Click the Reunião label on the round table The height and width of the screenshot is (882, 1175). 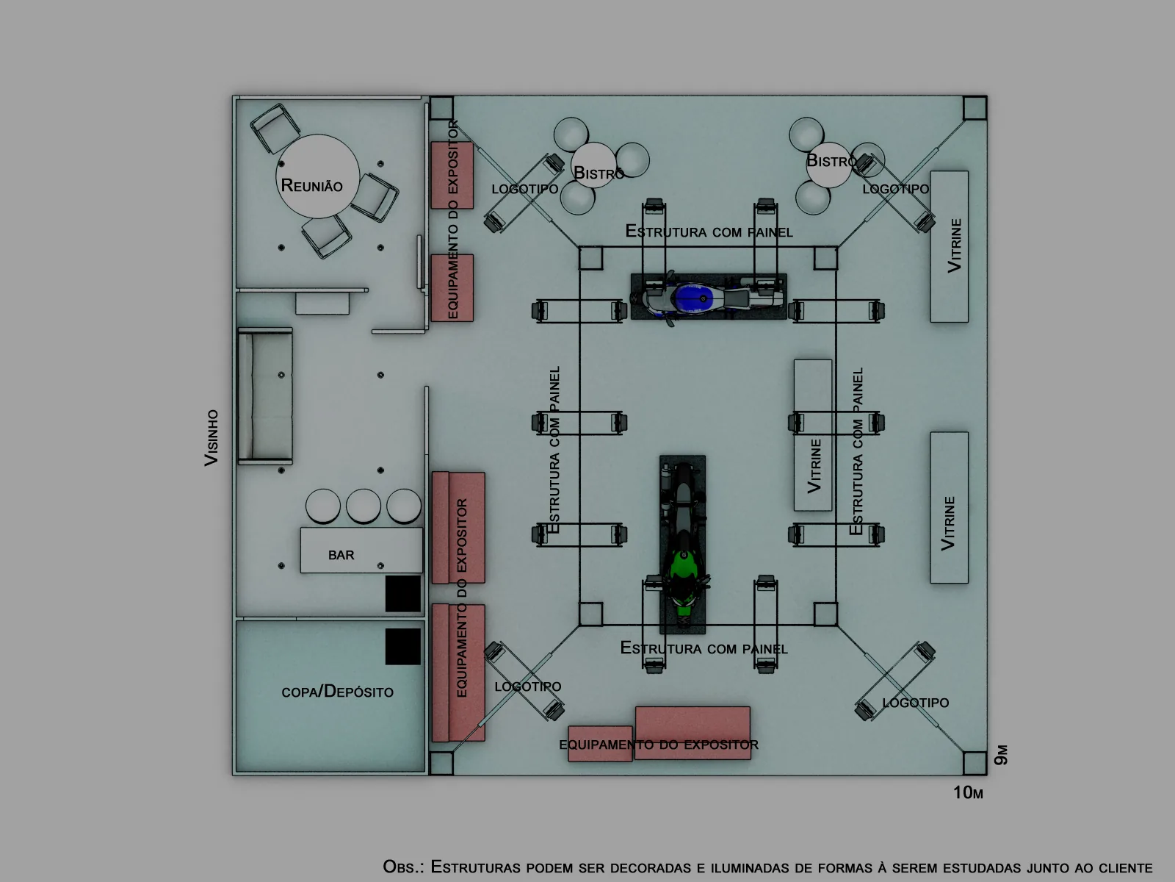pyautogui.click(x=311, y=185)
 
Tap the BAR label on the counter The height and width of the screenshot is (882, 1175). pyautogui.click(x=341, y=555)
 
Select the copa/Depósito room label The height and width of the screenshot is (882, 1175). pyautogui.click(x=337, y=692)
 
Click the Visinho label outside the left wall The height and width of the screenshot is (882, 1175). pyautogui.click(x=211, y=437)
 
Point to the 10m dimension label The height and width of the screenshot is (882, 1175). pyautogui.click(x=968, y=792)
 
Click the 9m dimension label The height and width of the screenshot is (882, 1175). pyautogui.click(x=1001, y=755)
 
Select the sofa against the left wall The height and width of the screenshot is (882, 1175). pyautogui.click(x=265, y=395)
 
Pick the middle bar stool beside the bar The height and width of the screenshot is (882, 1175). pyautogui.click(x=364, y=506)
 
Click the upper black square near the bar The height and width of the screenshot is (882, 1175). pyautogui.click(x=403, y=593)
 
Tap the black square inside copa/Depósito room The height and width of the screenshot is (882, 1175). pyautogui.click(x=403, y=646)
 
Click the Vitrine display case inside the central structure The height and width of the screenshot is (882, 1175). pyautogui.click(x=813, y=435)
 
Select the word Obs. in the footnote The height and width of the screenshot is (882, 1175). pyautogui.click(x=403, y=867)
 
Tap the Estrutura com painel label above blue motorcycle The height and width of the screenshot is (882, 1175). pyautogui.click(x=709, y=232)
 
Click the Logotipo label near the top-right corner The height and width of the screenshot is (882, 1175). pyautogui.click(x=895, y=188)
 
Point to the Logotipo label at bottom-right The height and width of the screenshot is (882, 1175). pyautogui.click(x=915, y=702)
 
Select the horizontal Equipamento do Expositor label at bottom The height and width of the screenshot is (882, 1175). pyautogui.click(x=659, y=745)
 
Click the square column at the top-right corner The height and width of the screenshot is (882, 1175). pyautogui.click(x=975, y=108)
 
